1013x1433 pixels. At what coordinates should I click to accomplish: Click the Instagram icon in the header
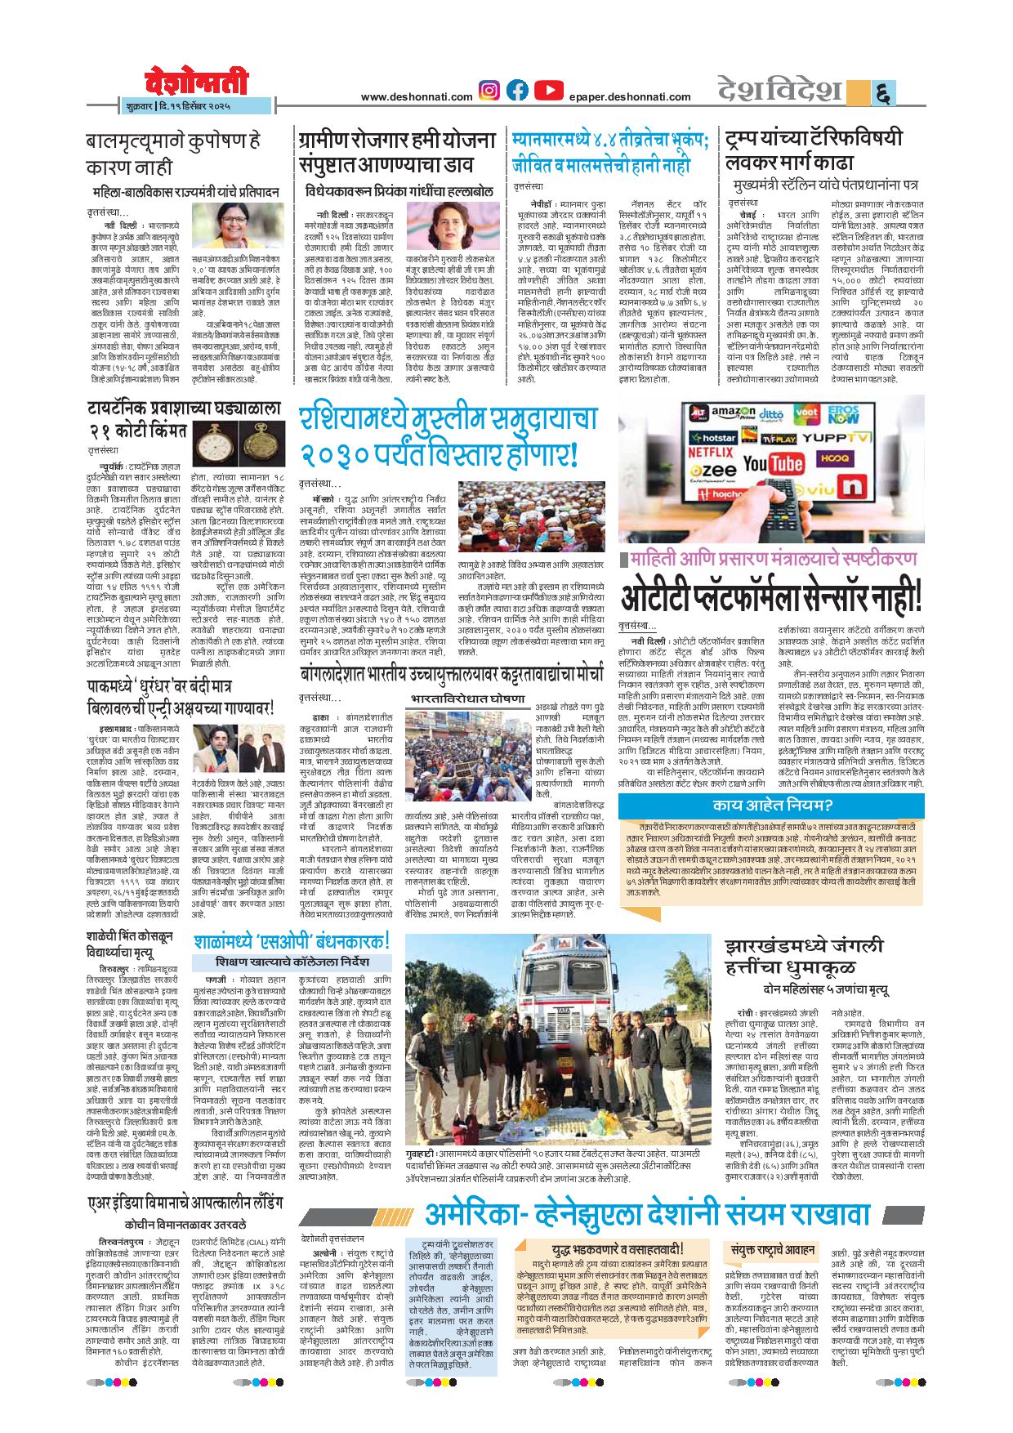click(x=489, y=91)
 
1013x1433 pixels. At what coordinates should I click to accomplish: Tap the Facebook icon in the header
click(x=517, y=91)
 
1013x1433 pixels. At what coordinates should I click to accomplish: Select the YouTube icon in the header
click(x=548, y=91)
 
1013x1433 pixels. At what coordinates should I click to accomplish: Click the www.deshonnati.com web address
click(x=417, y=97)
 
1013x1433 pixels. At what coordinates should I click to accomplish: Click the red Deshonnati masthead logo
click(x=196, y=83)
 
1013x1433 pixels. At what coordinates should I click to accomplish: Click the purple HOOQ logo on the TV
click(x=834, y=458)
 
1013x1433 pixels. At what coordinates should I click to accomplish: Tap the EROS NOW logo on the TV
click(x=843, y=414)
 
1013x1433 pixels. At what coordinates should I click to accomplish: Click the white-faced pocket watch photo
click(x=214, y=445)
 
